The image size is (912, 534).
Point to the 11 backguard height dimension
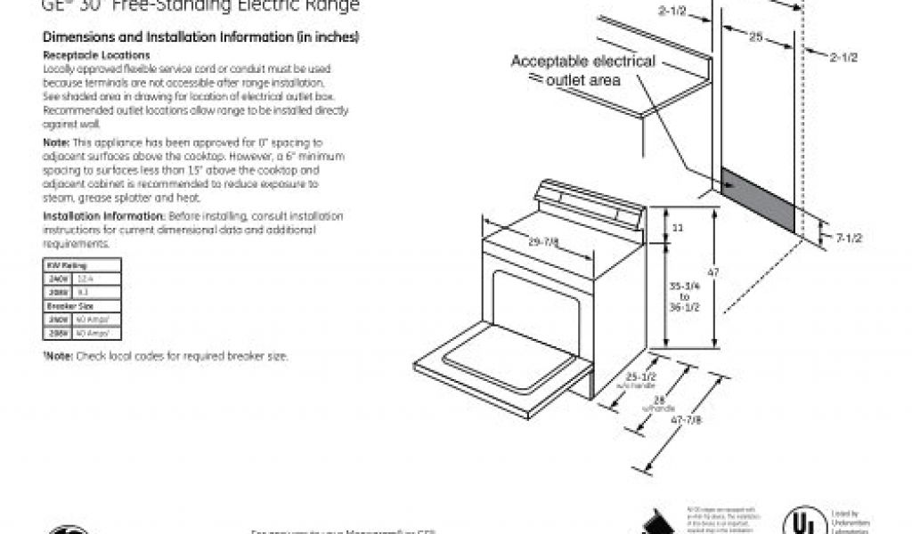pos(678,228)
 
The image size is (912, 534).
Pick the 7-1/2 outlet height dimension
pos(849,237)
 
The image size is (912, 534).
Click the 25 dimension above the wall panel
pos(755,36)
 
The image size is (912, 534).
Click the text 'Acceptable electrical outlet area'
pos(582,70)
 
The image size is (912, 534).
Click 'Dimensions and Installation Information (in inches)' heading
pos(201,38)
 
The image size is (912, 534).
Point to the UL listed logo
pos(801,521)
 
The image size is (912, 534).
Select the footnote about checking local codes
pos(166,356)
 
